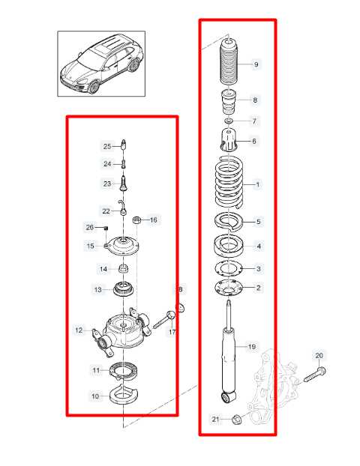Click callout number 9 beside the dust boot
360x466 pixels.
click(x=256, y=65)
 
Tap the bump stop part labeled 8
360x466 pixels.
click(x=228, y=100)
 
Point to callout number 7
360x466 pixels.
click(x=254, y=121)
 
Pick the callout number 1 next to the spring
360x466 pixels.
click(x=258, y=184)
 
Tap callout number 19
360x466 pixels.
click(x=252, y=347)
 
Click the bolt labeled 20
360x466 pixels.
click(x=313, y=372)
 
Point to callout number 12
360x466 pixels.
click(x=79, y=330)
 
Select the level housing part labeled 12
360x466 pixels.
click(x=120, y=330)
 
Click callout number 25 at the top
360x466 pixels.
click(x=106, y=146)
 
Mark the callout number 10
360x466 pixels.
click(x=95, y=396)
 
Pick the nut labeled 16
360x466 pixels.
click(x=137, y=220)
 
